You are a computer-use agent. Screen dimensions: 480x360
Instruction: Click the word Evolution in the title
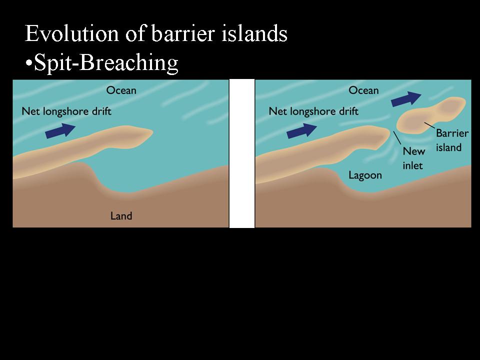click(71, 33)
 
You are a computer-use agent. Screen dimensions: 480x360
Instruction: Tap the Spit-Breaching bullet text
click(102, 63)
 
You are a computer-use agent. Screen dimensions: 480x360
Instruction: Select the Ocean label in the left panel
click(121, 90)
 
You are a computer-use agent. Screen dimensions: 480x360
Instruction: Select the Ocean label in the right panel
click(363, 90)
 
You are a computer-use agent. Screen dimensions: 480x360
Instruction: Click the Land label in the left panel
click(121, 216)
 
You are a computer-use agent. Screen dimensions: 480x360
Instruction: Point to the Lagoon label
click(365, 175)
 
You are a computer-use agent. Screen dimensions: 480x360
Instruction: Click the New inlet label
click(414, 158)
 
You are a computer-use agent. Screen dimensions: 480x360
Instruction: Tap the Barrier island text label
click(452, 140)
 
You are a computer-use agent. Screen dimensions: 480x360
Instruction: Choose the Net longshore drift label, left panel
click(66, 111)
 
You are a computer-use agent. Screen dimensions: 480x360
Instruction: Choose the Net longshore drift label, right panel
click(313, 111)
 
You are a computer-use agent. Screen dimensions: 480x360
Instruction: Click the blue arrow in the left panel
click(60, 130)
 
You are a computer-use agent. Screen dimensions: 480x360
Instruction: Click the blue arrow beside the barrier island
click(406, 99)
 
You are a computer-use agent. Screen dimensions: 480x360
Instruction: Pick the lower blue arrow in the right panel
click(302, 130)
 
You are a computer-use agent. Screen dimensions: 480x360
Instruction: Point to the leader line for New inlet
click(397, 138)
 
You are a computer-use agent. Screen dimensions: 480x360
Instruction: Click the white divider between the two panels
click(242, 153)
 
